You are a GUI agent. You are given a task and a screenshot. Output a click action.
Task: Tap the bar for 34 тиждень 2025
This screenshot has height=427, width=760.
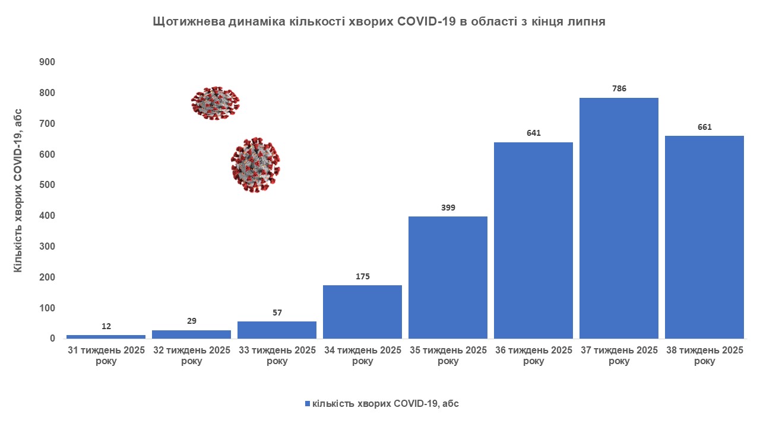(362, 312)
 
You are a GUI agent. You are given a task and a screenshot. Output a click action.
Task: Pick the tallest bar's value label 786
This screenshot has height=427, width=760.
(619, 89)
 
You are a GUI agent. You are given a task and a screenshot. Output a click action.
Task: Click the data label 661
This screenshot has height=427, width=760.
(704, 127)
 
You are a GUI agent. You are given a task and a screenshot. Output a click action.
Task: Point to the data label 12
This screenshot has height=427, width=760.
(106, 326)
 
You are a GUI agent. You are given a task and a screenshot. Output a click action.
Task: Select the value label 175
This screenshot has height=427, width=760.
(362, 276)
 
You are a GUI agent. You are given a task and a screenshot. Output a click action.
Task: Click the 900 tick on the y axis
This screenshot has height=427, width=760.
(47, 62)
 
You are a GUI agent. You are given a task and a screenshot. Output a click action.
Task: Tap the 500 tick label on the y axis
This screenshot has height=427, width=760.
(47, 185)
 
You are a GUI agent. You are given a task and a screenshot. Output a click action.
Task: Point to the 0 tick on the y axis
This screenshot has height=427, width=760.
(52, 339)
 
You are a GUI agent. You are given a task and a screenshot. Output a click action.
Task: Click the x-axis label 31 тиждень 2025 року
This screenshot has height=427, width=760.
(106, 355)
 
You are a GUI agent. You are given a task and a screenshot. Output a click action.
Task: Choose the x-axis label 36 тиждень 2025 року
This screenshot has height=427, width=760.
(533, 355)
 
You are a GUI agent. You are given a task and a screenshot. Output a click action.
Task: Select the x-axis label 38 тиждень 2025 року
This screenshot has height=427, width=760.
(704, 355)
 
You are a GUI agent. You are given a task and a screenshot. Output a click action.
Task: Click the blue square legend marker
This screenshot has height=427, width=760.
(308, 404)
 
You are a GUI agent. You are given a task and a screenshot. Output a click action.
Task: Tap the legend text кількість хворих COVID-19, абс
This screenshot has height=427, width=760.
(385, 404)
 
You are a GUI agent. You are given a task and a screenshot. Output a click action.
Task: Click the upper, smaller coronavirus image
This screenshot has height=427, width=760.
(215, 103)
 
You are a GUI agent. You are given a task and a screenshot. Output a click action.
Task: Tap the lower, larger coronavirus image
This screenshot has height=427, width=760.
(255, 165)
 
